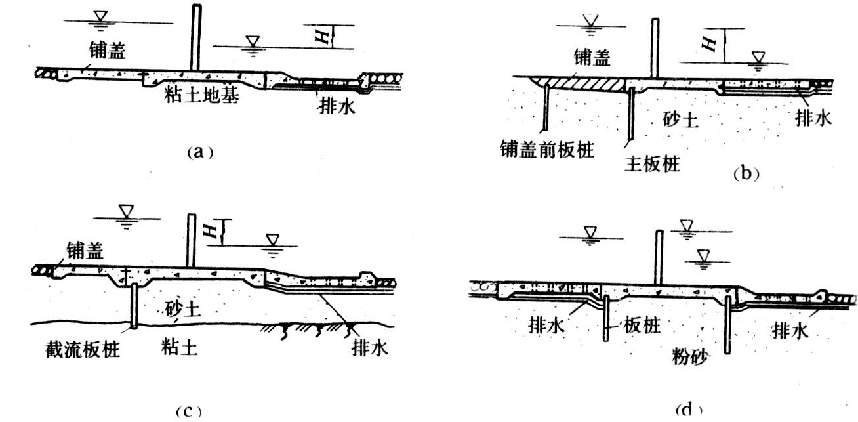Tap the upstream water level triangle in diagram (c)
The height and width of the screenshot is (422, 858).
pos(125,211)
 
